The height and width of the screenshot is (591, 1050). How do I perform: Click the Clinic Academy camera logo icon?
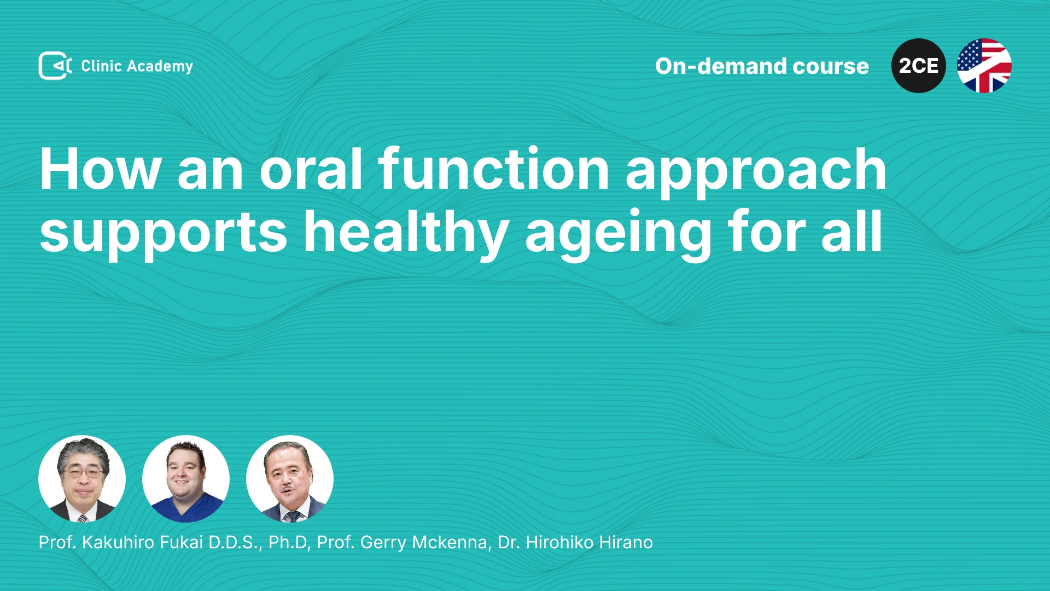point(55,66)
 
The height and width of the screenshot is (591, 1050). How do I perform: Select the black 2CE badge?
point(919,66)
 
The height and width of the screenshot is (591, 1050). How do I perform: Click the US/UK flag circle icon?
point(984,66)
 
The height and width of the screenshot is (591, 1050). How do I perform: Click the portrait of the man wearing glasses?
point(82,479)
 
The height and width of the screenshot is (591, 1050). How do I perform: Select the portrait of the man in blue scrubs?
point(186,479)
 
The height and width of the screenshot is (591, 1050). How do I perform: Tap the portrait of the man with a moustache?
point(290,479)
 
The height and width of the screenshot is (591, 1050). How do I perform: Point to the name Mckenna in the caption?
point(450,542)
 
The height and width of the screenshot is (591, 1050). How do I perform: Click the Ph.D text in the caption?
point(288,542)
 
